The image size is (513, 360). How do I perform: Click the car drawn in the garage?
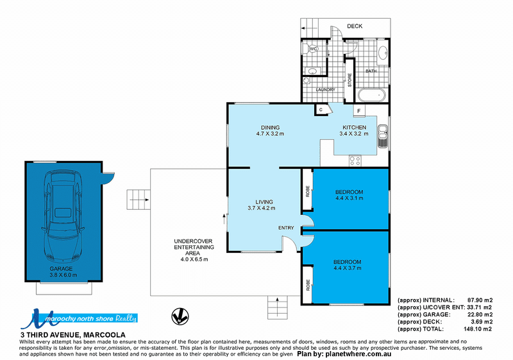click(63, 216)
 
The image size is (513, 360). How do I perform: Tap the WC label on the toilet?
click(314, 49)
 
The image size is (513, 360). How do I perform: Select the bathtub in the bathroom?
click(372, 95)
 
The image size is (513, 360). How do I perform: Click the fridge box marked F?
click(359, 111)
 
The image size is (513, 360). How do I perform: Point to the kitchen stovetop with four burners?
click(355, 160)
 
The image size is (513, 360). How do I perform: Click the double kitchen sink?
click(382, 136)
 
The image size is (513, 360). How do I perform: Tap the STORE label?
click(349, 80)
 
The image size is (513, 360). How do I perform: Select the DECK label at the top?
click(355, 26)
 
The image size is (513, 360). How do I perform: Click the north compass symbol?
click(180, 316)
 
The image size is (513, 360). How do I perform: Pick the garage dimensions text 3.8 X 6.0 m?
click(63, 275)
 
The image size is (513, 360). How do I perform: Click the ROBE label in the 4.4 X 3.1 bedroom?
click(308, 191)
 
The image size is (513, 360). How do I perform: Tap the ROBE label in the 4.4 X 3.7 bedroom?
click(308, 285)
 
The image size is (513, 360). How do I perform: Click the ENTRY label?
click(286, 228)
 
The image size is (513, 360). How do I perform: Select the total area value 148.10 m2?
click(478, 329)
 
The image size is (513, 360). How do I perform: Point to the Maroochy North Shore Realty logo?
click(78, 318)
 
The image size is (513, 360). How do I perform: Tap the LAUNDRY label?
click(325, 89)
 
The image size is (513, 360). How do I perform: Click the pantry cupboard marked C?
click(321, 110)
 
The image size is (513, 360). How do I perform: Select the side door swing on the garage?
click(108, 178)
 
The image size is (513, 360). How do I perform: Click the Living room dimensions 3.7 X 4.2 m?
click(262, 208)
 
